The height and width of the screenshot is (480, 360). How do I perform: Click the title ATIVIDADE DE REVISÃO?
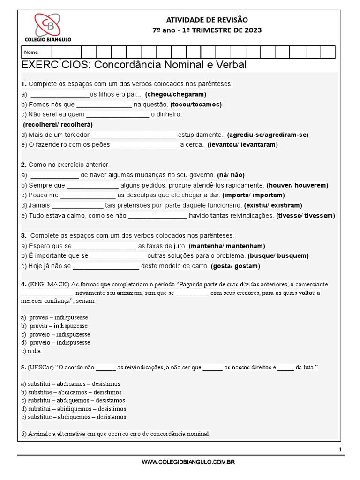point(207,20)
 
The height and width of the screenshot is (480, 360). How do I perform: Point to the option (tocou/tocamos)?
point(196,105)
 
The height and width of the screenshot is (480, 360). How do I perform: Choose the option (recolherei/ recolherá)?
point(58,125)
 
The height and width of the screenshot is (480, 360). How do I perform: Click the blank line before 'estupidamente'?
point(134,135)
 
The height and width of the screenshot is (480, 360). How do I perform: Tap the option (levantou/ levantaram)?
point(243,145)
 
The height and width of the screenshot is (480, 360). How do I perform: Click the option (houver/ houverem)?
point(297,185)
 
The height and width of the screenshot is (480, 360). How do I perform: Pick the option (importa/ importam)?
point(254,195)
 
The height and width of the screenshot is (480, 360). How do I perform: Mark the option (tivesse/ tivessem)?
point(306,216)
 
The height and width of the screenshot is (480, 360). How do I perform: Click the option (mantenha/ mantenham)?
point(227,246)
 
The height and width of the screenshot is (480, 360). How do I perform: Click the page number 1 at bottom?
point(341,450)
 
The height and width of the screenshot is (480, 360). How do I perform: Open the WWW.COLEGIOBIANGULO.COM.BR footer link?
point(188,462)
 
